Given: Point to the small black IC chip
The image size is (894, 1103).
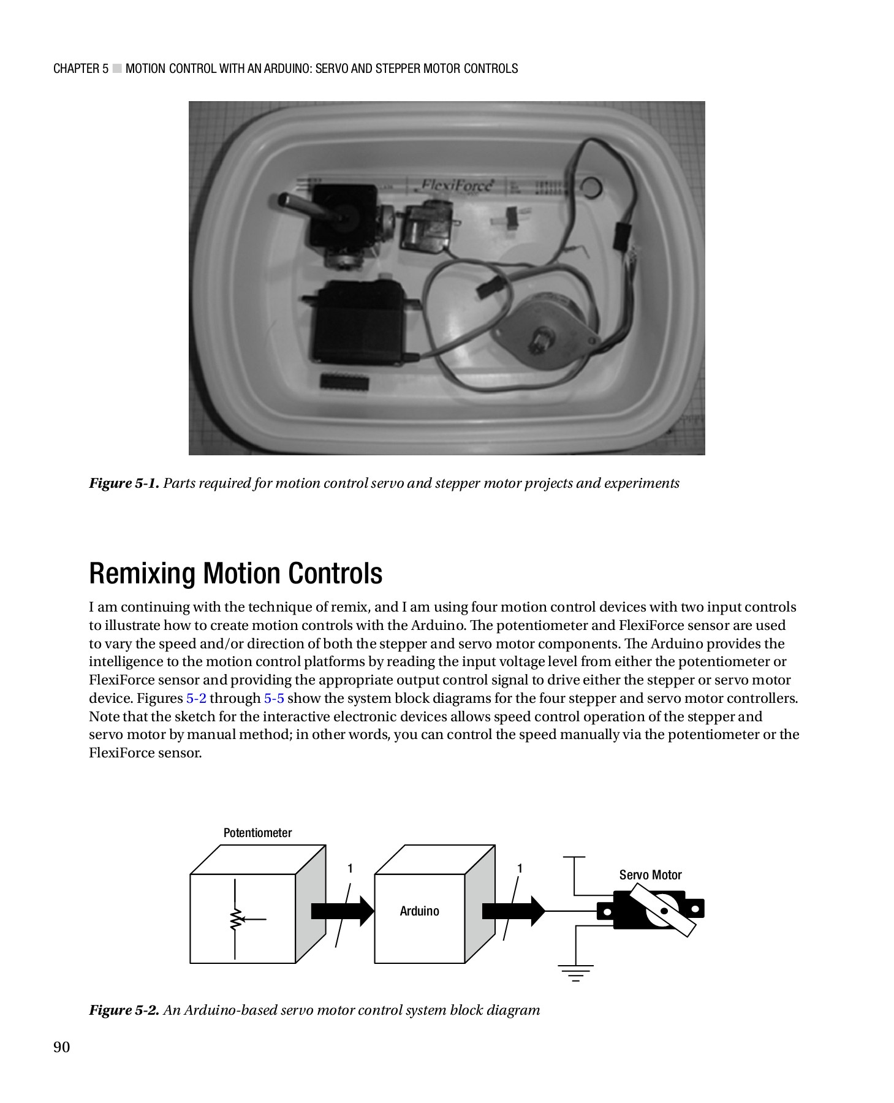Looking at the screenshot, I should [344, 381].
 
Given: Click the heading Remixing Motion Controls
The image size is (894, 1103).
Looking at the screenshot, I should [236, 574].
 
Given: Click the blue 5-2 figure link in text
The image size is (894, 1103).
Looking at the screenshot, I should [196, 699].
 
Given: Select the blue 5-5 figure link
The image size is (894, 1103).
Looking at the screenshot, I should [274, 699].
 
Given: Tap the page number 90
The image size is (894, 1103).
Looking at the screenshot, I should [62, 1047].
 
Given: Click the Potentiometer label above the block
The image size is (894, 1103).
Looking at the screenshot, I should [257, 833].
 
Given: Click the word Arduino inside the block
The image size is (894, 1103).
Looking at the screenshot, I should [420, 911].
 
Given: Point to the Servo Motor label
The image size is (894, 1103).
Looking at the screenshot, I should [650, 875].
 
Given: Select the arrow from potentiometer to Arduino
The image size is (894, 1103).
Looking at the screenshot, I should [342, 911].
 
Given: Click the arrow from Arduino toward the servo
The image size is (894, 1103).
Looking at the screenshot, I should [513, 911].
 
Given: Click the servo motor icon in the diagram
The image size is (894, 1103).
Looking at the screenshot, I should [653, 911].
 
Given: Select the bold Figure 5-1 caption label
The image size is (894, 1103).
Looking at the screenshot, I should [124, 483].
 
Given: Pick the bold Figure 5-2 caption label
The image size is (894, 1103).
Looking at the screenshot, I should [124, 1010].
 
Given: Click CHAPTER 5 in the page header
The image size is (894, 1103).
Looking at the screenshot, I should [81, 69].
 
